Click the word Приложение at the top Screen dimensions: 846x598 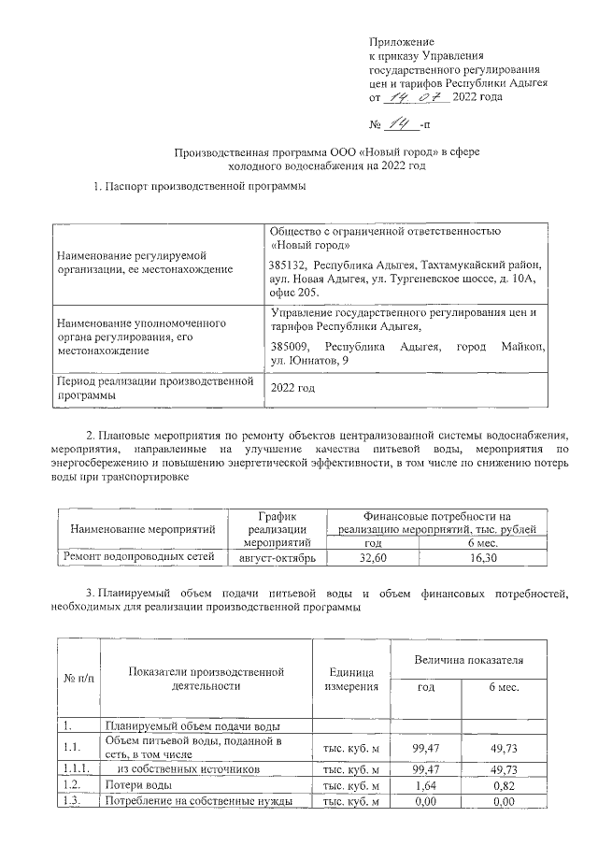click(403, 42)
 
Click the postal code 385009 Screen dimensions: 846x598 click(289, 347)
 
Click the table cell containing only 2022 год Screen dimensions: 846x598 click(292, 387)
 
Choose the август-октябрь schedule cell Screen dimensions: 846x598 click(278, 557)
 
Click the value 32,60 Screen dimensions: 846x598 click(372, 557)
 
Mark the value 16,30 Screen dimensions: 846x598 click(483, 557)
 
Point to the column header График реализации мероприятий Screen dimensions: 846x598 click(278, 528)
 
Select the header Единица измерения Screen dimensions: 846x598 click(351, 680)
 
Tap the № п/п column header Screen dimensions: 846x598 click(78, 678)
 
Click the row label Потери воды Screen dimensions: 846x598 click(137, 785)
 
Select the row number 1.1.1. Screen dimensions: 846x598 click(77, 768)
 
